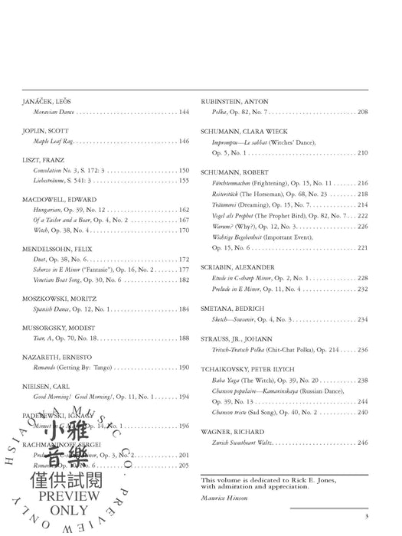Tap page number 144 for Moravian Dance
tap(184, 112)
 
